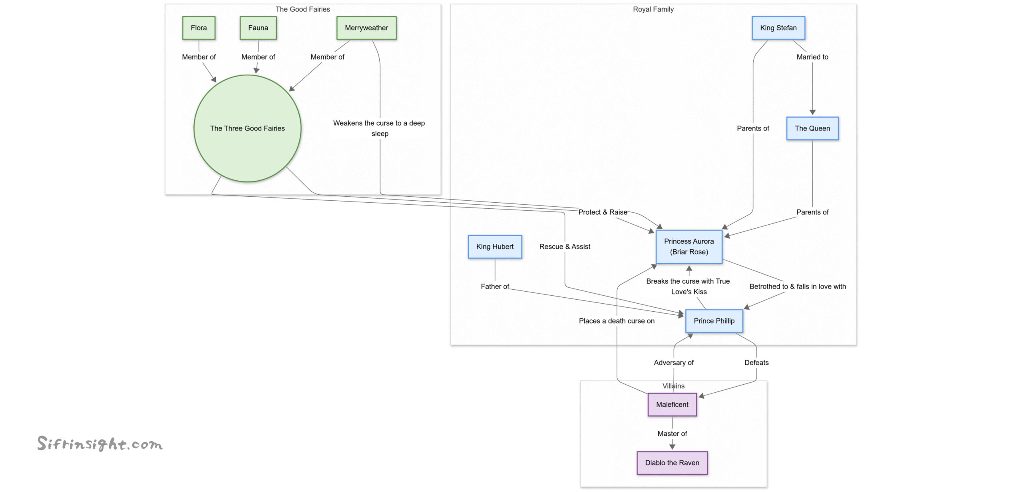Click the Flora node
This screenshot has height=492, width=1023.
tap(199, 28)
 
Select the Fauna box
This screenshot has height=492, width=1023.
tap(258, 28)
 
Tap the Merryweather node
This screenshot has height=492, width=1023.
tap(366, 28)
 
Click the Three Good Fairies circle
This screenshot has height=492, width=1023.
tap(247, 128)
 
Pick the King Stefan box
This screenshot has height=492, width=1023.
tap(778, 28)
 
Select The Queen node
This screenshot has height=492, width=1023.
tap(812, 128)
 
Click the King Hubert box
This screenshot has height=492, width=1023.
tap(494, 247)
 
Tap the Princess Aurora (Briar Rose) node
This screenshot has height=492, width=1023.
tap(689, 247)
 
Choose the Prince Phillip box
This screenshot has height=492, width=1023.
tap(714, 321)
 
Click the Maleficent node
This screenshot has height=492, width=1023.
tap(672, 404)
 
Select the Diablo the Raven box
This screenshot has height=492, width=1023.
tap(672, 462)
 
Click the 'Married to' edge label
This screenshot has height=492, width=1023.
tap(812, 57)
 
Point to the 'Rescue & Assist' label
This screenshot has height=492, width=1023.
tap(564, 247)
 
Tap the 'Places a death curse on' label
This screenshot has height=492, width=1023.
tap(616, 321)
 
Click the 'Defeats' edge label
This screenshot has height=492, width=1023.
tap(756, 362)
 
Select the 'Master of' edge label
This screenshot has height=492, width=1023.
tap(672, 433)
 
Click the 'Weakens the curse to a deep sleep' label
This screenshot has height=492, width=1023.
tap(379, 128)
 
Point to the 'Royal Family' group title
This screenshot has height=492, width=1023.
tap(653, 9)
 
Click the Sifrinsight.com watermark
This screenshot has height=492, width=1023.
tap(100, 444)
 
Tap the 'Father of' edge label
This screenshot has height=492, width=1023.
tap(494, 286)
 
